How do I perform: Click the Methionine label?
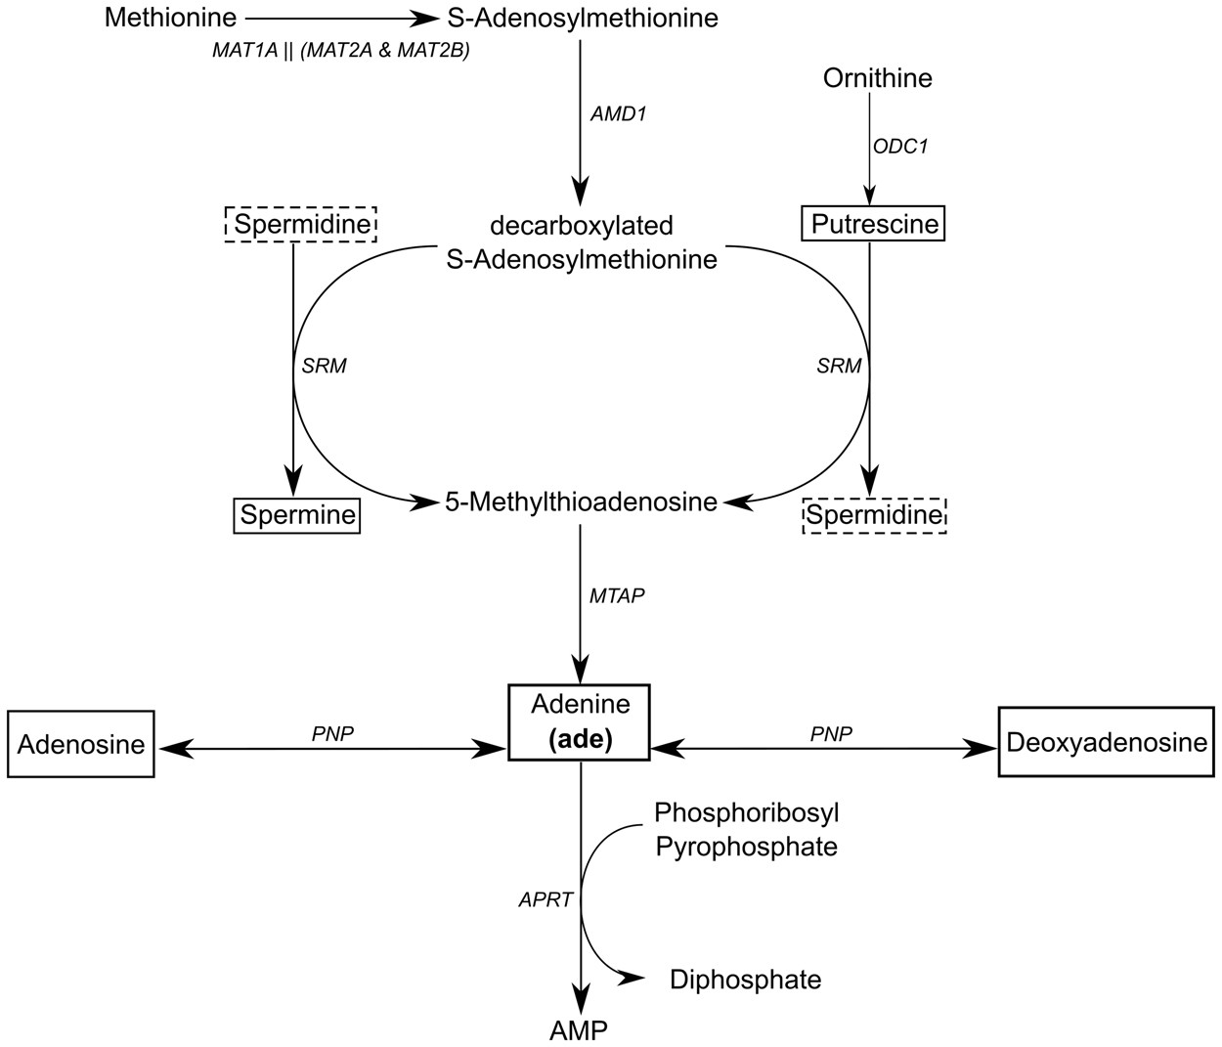click(171, 18)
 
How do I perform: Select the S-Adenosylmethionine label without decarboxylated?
click(582, 18)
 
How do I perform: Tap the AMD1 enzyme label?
click(618, 113)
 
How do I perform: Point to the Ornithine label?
click(877, 78)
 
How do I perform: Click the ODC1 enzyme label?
click(900, 147)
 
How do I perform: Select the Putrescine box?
click(874, 225)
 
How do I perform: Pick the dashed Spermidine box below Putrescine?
click(874, 514)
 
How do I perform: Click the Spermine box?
click(297, 515)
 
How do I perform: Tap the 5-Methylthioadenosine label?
click(581, 502)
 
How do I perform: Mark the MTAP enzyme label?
click(617, 595)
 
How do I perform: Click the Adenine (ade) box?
click(580, 721)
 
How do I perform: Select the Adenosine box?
click(81, 745)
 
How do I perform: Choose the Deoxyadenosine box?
click(1105, 743)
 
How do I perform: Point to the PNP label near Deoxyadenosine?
click(831, 733)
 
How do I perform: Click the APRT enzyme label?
click(546, 900)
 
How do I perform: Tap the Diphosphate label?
click(745, 980)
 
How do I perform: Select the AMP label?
click(579, 1029)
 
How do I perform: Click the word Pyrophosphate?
click(746, 847)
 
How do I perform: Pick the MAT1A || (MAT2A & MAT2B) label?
click(341, 51)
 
